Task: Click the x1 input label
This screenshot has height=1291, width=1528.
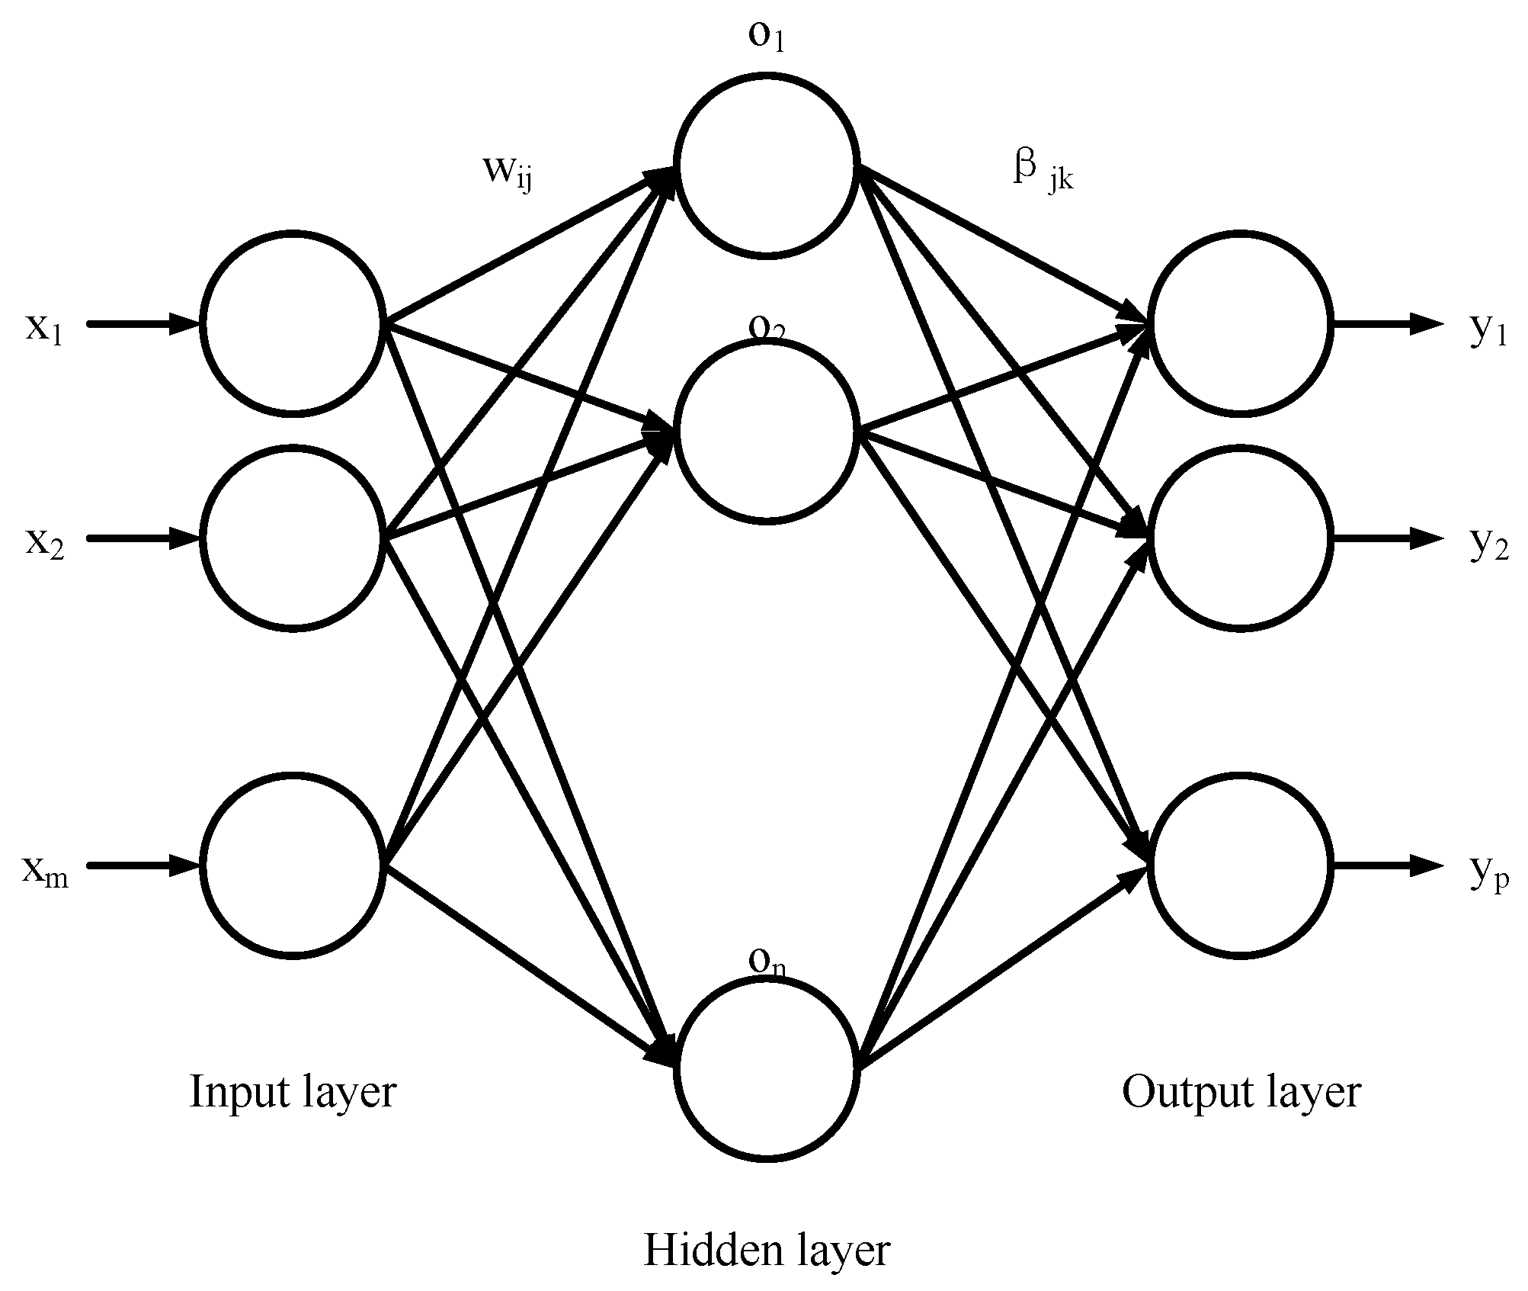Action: point(43,329)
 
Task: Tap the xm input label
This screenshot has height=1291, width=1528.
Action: point(45,872)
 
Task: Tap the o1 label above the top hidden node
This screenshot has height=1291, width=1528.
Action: point(766,37)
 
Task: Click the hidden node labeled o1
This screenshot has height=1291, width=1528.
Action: point(767,166)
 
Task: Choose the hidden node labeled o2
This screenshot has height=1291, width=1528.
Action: point(767,432)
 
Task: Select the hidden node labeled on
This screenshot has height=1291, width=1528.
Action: point(767,1068)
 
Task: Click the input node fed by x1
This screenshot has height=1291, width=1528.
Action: point(293,323)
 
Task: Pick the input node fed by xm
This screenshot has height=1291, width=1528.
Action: point(293,865)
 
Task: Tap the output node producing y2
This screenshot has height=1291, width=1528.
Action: point(1241,538)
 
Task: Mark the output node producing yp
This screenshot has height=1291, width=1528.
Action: point(1241,865)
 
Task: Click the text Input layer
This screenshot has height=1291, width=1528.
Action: point(293,1092)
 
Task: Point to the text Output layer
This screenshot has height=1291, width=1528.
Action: point(1241,1092)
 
